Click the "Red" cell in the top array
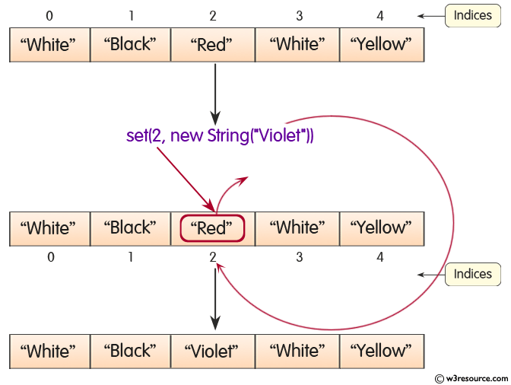pyautogui.click(x=212, y=45)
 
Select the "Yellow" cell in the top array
pyautogui.click(x=380, y=45)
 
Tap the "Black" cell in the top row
pyautogui.click(x=130, y=45)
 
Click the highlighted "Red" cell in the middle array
pyautogui.click(x=212, y=228)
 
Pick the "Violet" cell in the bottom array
pyautogui.click(x=212, y=352)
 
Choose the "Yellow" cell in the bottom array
pyautogui.click(x=380, y=352)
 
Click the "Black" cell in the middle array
pyautogui.click(x=130, y=228)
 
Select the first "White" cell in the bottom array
pyautogui.click(x=49, y=352)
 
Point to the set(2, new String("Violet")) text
pyautogui.click(x=220, y=136)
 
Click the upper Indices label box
pyautogui.click(x=472, y=15)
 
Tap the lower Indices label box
pyautogui.click(x=472, y=274)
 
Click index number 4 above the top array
pyautogui.click(x=380, y=15)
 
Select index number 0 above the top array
pyautogui.click(x=50, y=15)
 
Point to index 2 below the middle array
pyautogui.click(x=213, y=257)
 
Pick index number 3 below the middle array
pyautogui.click(x=299, y=257)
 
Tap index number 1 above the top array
pyautogui.click(x=131, y=15)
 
